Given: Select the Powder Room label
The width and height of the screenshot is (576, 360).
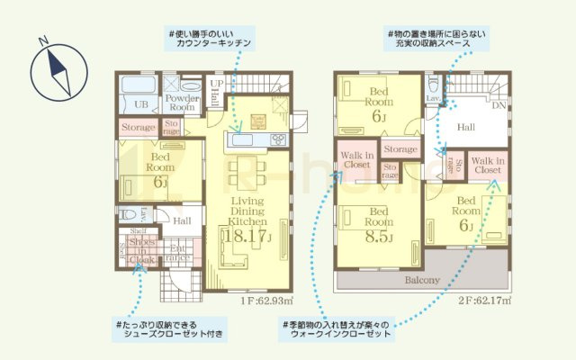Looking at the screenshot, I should coord(182,102).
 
